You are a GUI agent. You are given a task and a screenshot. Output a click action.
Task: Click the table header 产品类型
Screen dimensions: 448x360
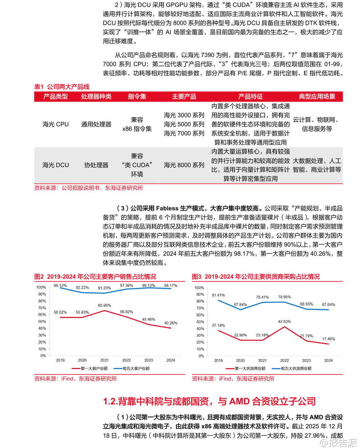pos(55,97)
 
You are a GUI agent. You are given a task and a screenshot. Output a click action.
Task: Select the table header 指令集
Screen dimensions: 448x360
pos(137,97)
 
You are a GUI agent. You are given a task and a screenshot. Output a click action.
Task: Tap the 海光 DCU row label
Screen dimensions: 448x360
pos(55,165)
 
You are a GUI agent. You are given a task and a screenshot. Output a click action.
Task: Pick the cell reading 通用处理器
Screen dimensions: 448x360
pos(96,125)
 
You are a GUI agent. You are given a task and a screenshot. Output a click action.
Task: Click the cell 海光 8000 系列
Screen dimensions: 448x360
pos(184,165)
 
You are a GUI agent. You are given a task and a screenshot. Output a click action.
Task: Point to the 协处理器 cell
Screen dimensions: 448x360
pos(96,165)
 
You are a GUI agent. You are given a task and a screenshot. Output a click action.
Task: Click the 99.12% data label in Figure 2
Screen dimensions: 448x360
pos(60,286)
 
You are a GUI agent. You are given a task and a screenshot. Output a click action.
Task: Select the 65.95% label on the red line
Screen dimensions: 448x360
pos(104,305)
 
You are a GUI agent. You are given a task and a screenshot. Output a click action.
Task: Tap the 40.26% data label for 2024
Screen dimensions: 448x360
pos(171,323)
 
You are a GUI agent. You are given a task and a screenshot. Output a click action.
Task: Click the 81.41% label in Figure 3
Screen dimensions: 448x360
pos(218,295)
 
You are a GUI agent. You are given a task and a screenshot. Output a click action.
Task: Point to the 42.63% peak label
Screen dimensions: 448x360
pos(284,322)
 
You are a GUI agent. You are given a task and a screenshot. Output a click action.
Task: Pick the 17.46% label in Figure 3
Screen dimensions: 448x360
pos(328,339)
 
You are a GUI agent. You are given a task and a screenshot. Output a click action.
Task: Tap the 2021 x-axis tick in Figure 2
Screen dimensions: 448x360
pos(104,360)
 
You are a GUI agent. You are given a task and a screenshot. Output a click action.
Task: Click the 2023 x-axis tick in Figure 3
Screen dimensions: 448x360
pos(306,361)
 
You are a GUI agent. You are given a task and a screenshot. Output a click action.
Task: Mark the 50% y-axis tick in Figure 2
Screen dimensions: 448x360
pos(42,322)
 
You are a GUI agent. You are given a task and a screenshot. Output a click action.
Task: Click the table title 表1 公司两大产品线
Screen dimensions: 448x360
pos(62,87)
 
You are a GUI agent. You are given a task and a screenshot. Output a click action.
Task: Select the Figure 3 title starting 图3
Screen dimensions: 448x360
pos(256,277)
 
